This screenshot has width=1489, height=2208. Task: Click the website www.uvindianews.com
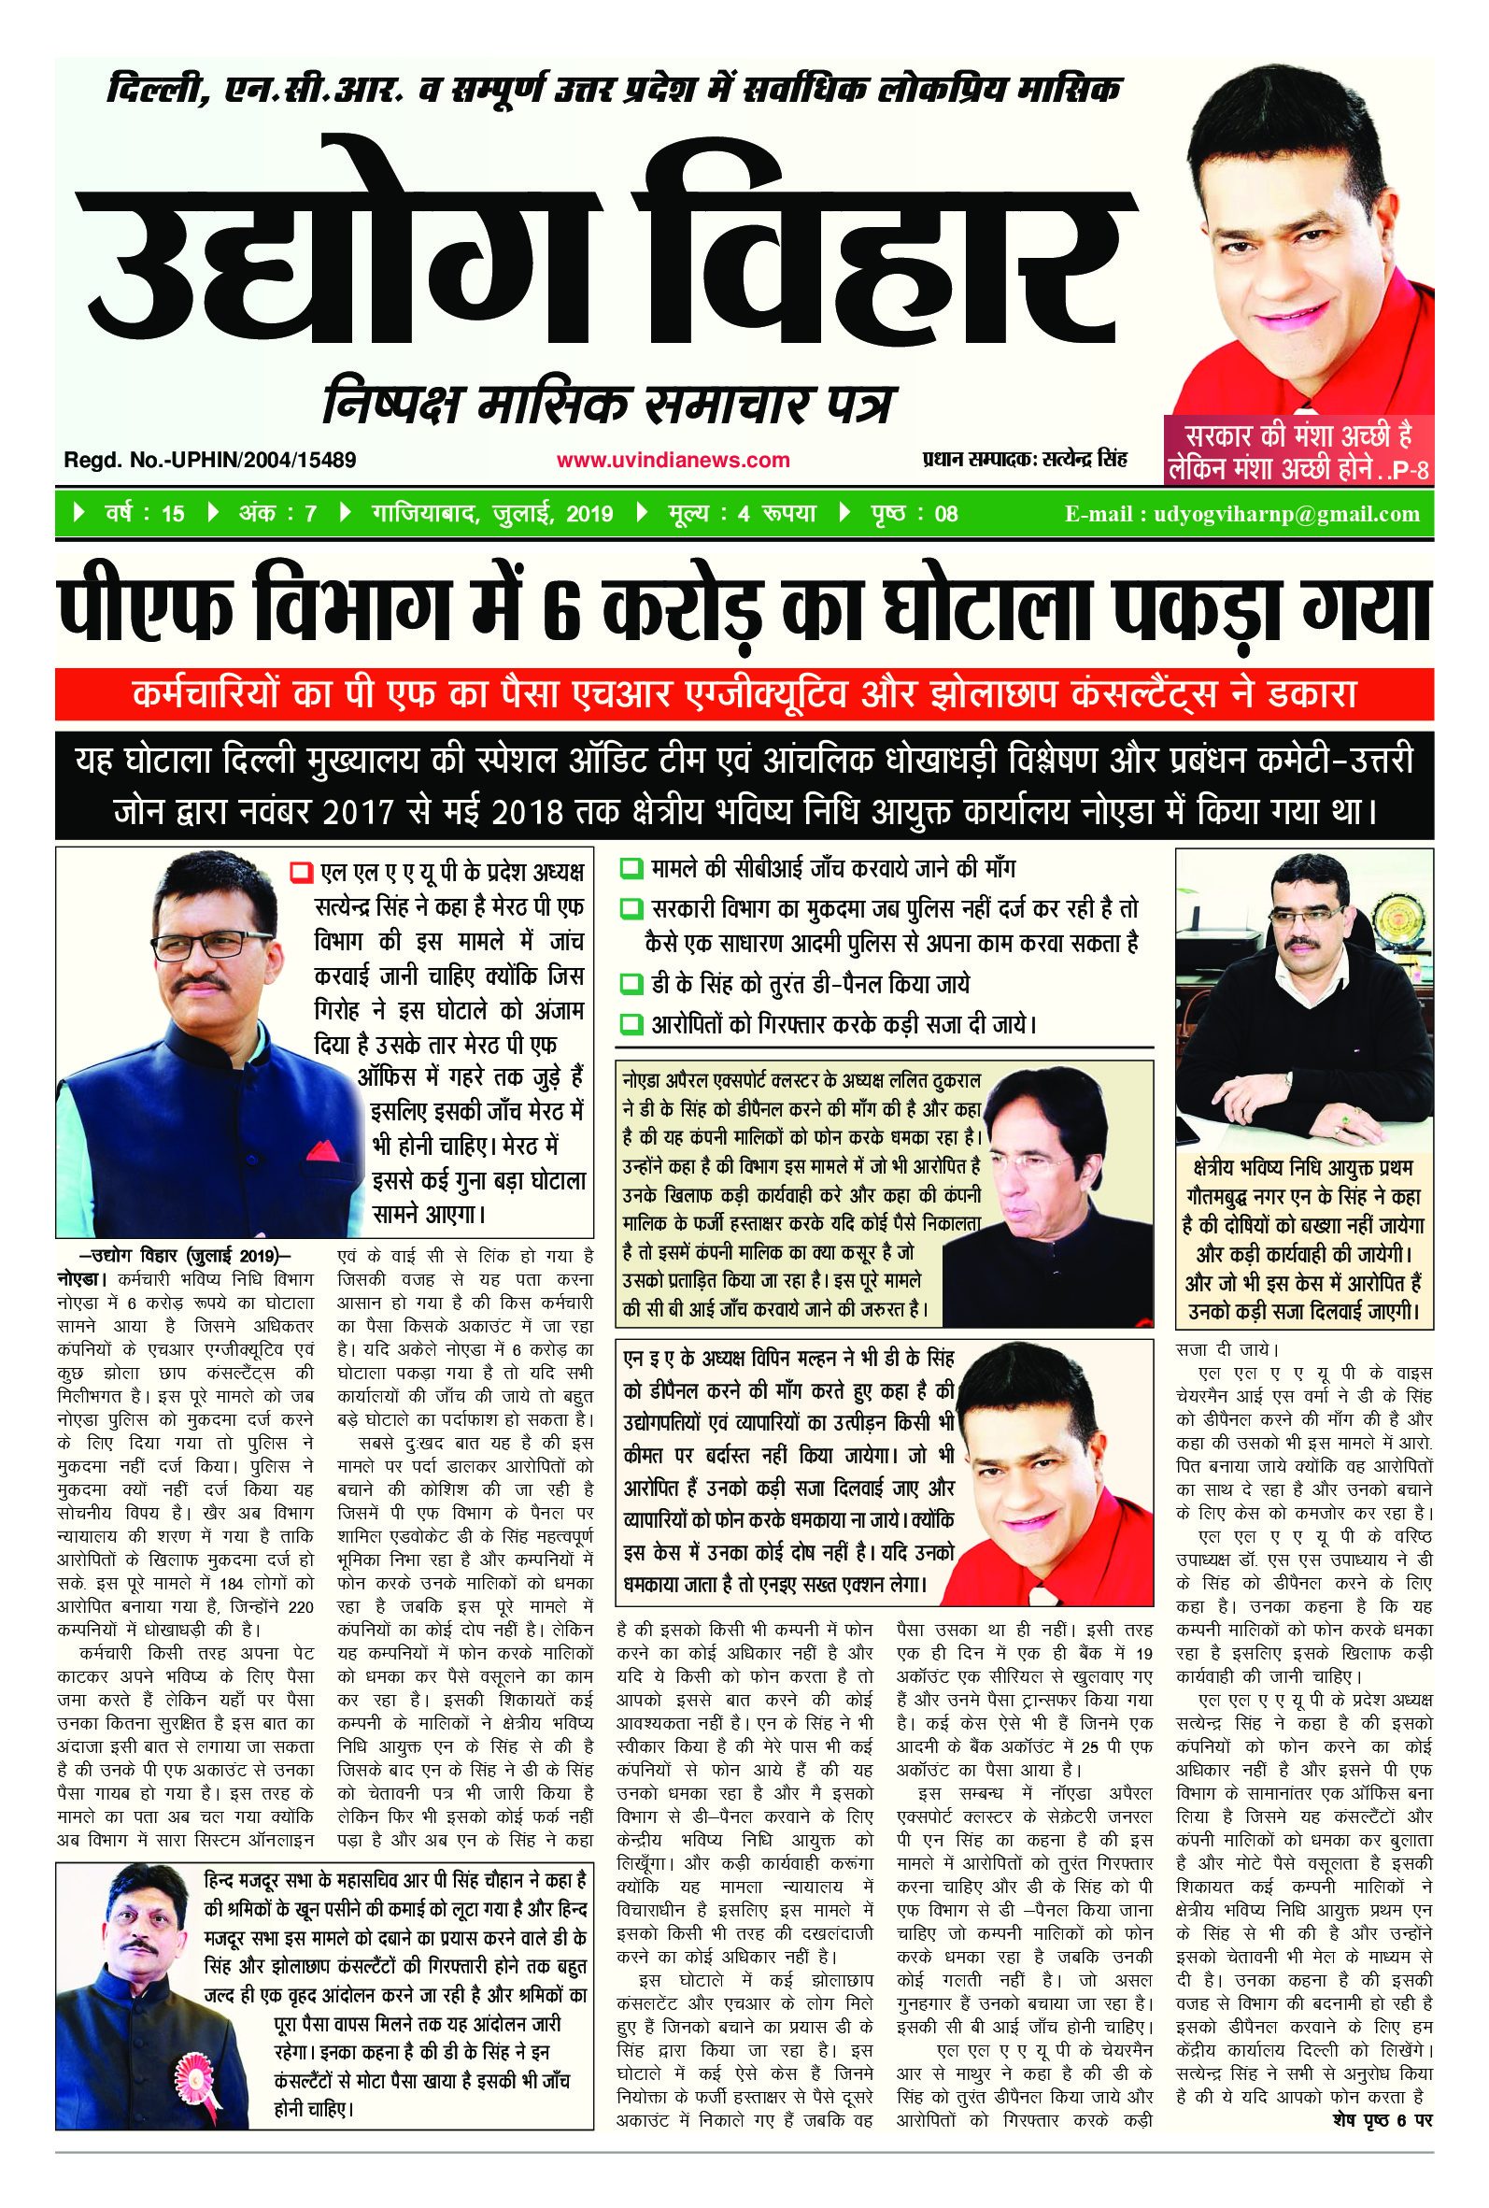673,461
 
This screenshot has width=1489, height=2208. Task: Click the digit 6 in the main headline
561,613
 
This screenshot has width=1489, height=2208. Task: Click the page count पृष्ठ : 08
914,514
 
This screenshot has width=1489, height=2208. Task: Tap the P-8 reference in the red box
1409,470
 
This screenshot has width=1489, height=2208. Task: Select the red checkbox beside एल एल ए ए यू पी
301,872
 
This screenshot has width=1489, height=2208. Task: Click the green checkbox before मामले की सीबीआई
630,869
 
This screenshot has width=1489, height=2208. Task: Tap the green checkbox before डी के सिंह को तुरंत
630,984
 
